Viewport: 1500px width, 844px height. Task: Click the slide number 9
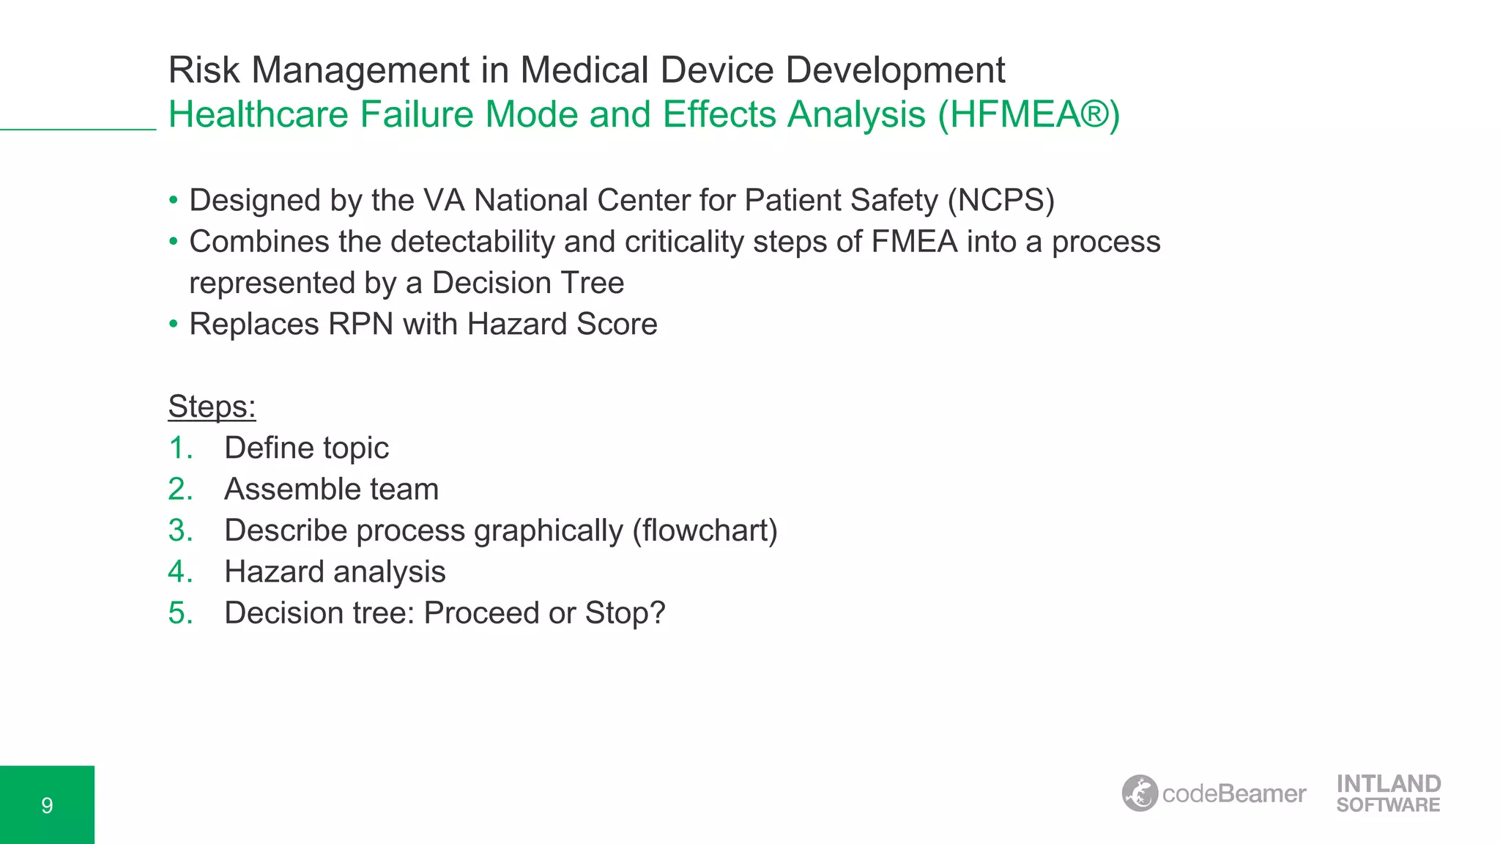[47, 806]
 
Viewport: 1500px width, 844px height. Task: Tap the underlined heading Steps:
[212, 407]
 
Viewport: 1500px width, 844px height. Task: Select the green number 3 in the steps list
[180, 530]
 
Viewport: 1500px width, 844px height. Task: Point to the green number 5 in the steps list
[180, 613]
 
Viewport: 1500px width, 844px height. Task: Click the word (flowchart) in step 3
[705, 530]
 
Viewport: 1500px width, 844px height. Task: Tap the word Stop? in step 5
[625, 613]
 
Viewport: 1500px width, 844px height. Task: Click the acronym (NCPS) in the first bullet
[1000, 201]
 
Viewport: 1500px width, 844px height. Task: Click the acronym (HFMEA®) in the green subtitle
[1029, 115]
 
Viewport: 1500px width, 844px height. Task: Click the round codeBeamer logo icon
[1140, 793]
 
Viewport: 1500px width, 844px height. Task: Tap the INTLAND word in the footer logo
[1389, 784]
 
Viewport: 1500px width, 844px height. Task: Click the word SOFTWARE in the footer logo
[1388, 805]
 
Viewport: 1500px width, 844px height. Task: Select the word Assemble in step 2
[281, 489]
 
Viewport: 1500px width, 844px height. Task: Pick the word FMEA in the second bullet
[914, 242]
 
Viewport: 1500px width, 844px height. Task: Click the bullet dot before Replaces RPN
[174, 324]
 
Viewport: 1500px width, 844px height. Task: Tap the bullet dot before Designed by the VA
[174, 200]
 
